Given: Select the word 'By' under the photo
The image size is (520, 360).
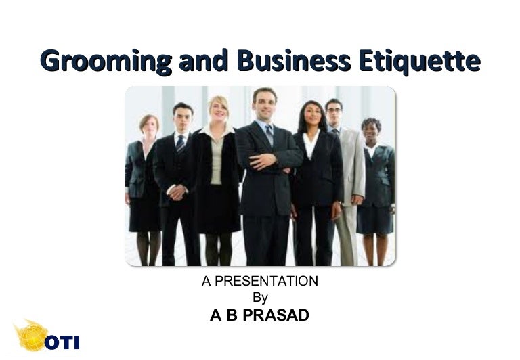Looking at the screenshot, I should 260,297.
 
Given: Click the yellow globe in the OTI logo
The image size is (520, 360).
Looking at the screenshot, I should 30,336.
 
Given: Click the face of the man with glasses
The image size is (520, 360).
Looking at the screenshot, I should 333,111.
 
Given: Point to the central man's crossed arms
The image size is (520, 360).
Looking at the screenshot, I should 267,161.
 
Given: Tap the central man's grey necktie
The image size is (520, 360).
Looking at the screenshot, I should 269,133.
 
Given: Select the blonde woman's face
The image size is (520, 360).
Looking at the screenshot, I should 218,110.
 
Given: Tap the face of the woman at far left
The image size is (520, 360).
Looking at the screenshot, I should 148,126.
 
